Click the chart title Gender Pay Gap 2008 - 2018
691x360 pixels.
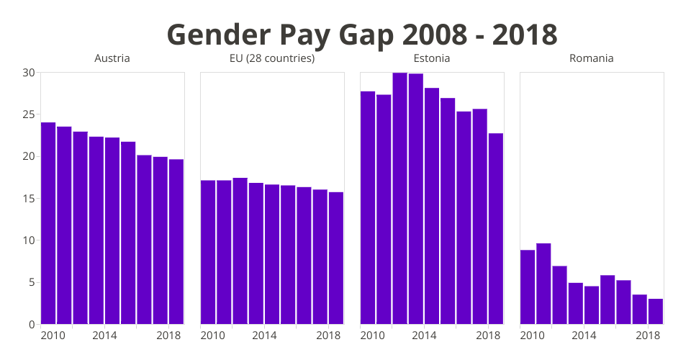(362, 34)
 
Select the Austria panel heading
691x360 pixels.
(112, 58)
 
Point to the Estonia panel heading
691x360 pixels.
(432, 58)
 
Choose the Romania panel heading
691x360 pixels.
(592, 58)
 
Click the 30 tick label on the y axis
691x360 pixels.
(29, 73)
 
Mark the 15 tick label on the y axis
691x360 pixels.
(29, 199)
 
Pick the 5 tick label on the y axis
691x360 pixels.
(32, 282)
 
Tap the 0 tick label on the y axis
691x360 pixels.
(32, 325)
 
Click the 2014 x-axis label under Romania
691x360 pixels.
(584, 336)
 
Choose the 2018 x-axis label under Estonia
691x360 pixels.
(489, 336)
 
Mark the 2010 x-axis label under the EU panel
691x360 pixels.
(213, 336)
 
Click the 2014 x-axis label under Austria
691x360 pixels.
(105, 336)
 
